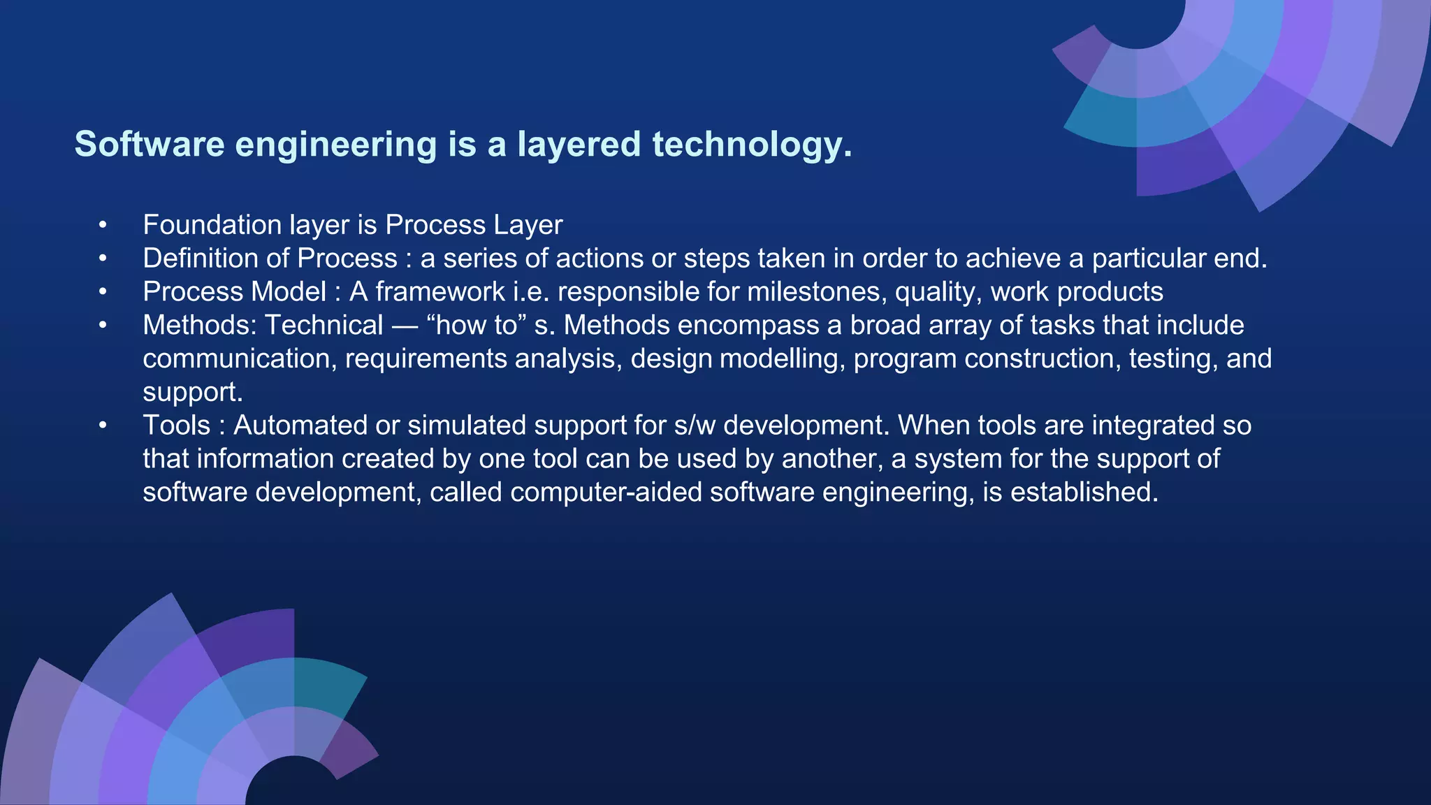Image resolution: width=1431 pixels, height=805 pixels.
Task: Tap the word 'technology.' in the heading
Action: pyautogui.click(x=752, y=145)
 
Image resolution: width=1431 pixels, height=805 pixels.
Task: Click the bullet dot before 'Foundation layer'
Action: pyautogui.click(x=103, y=225)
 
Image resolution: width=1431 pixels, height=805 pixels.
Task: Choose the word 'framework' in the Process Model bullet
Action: pyautogui.click(x=440, y=291)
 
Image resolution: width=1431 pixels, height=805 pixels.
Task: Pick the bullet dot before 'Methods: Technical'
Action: pyautogui.click(x=103, y=325)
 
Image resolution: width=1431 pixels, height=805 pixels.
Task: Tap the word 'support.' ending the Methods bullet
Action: pyautogui.click(x=193, y=392)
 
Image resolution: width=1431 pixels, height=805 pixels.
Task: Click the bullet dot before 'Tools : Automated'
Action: pyautogui.click(x=103, y=425)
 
